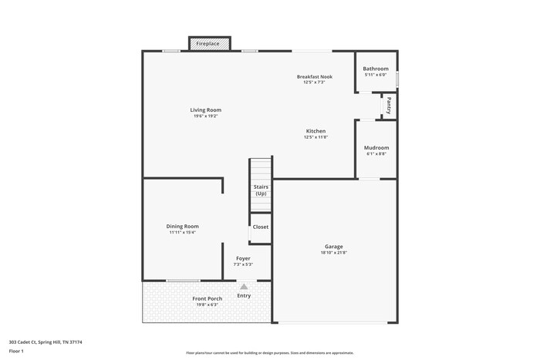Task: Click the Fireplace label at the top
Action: tap(208, 44)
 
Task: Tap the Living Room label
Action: tap(206, 110)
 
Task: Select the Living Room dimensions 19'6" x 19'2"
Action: tap(206, 116)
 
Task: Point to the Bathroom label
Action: tap(376, 69)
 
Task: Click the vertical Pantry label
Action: tap(390, 105)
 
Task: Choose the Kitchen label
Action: tap(316, 131)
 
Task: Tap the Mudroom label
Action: tap(376, 147)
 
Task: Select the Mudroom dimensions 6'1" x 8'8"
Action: tap(376, 153)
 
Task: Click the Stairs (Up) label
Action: tap(261, 190)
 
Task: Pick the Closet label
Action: tap(261, 227)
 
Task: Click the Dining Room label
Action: tap(183, 227)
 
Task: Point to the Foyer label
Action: tap(243, 258)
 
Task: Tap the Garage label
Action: tap(334, 247)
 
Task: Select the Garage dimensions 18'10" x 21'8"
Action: tap(334, 253)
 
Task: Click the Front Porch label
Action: tap(207, 298)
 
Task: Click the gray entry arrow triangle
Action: tap(244, 287)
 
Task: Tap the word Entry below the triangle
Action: tap(244, 296)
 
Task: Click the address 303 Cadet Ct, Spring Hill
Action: tap(46, 341)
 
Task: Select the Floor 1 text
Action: tap(16, 352)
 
